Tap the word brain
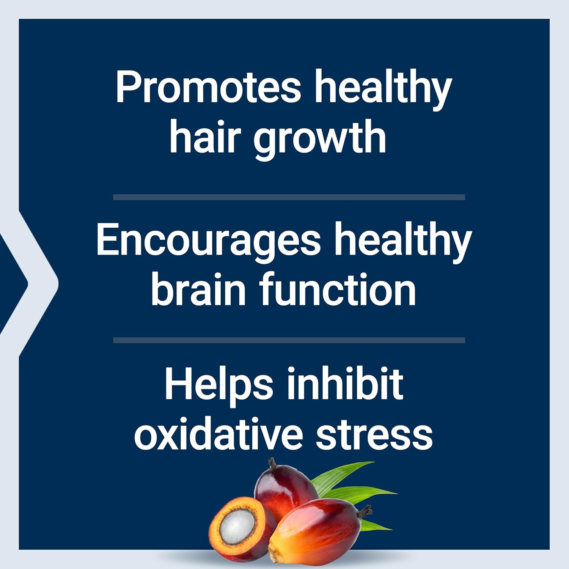pos(198,289)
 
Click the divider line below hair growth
pos(289,197)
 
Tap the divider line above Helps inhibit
pos(289,340)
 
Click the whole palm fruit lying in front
pos(315,531)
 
